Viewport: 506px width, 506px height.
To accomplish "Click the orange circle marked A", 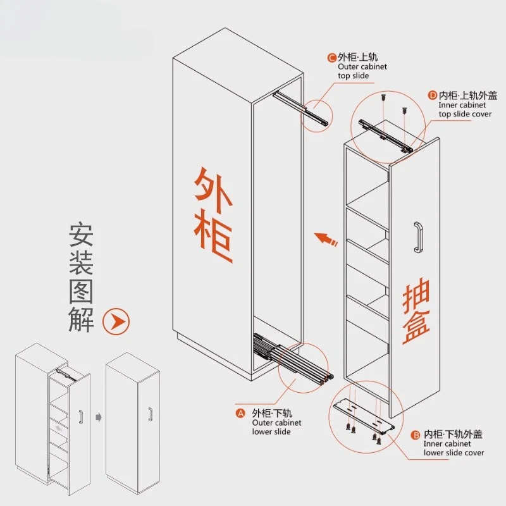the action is (240, 414).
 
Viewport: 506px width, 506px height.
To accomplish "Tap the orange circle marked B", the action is (416, 435).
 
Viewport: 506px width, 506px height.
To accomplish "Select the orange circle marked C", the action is (331, 58).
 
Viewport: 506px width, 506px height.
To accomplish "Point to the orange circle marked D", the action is (433, 96).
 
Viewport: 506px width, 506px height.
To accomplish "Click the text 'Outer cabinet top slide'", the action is (362, 71).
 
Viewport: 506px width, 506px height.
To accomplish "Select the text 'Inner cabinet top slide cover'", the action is (465, 109).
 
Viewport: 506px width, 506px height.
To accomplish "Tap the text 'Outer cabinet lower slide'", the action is (276, 427).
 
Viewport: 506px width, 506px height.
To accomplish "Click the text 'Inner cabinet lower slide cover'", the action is (454, 448).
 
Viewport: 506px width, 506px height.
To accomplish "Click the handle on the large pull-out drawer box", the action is (418, 237).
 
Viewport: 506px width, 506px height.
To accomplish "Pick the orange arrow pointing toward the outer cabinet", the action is (326, 239).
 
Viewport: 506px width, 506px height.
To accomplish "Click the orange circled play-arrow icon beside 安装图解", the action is (116, 321).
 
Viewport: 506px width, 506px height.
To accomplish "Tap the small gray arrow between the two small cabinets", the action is (99, 417).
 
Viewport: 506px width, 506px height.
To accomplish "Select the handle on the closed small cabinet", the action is (150, 414).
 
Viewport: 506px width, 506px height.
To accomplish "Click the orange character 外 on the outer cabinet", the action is (213, 190).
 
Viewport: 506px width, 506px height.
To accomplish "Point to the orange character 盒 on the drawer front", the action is (416, 326).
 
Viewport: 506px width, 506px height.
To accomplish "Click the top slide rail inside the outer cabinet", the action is (300, 108).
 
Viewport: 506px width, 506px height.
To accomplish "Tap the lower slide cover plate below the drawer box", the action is (364, 416).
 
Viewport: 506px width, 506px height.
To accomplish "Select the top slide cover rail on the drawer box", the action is (386, 135).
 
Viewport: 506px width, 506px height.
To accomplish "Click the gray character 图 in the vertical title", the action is (81, 292).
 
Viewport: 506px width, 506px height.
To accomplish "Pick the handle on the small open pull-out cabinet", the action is (81, 417).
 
